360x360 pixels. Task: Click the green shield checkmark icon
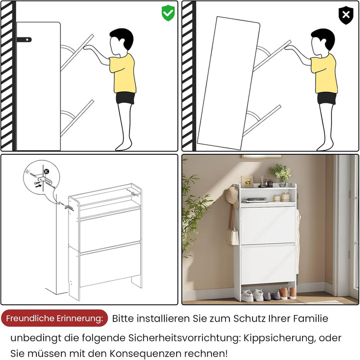coord(168,13)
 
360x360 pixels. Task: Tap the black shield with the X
coord(345,15)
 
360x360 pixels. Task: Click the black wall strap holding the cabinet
coord(24,39)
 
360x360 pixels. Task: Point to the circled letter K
coord(46,171)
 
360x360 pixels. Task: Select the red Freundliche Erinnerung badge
coord(54,318)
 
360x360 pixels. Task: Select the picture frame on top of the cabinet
coord(247,182)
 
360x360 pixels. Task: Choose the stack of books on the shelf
coord(254,200)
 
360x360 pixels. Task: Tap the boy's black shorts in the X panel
coord(326,99)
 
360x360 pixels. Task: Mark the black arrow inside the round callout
coord(38,186)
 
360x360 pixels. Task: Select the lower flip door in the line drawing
coord(110,265)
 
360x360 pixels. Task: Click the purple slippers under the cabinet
coord(271,296)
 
